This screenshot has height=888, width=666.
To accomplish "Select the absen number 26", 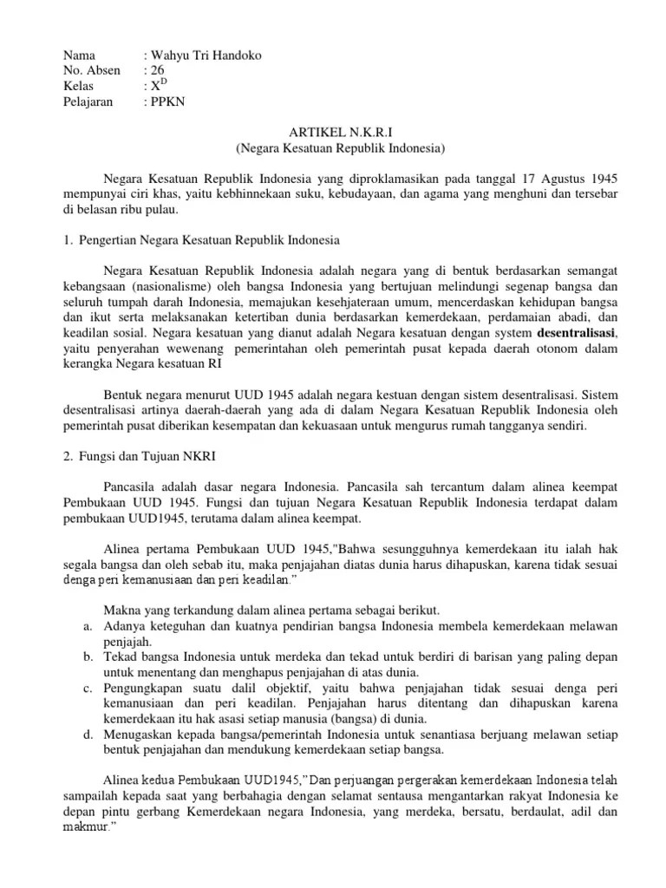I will [157, 70].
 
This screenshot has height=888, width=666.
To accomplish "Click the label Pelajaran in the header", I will [88, 101].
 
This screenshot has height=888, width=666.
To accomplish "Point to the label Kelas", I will [79, 86].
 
